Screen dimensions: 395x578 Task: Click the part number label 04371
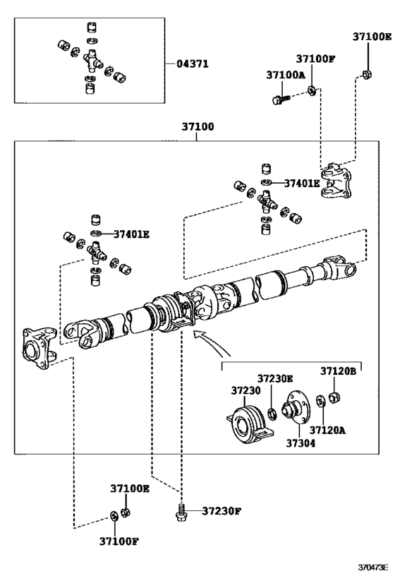click(193, 64)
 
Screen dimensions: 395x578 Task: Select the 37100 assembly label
click(197, 126)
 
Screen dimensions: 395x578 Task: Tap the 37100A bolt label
click(286, 75)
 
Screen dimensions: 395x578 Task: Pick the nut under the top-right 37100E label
click(367, 75)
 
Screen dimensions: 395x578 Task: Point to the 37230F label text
click(221, 511)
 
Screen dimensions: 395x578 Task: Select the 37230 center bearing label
click(245, 390)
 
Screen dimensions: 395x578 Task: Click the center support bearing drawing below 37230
click(250, 425)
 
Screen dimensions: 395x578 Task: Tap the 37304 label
click(300, 442)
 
